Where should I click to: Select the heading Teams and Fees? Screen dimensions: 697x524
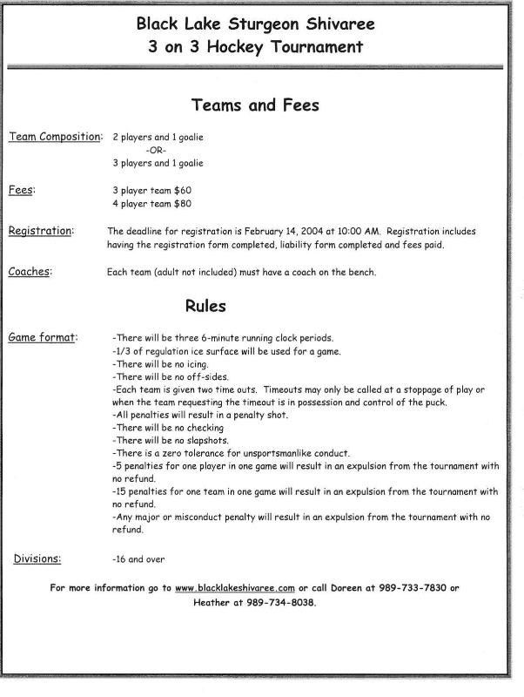click(255, 106)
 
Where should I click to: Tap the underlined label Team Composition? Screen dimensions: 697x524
click(54, 137)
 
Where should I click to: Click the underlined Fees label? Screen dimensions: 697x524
click(22, 189)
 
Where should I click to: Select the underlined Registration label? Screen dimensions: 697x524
click(40, 231)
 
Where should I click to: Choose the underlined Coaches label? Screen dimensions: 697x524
click(30, 272)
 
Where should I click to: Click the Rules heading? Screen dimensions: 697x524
click(205, 306)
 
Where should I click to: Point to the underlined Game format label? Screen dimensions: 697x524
click(43, 337)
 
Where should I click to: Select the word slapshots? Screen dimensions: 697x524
click(199, 441)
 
